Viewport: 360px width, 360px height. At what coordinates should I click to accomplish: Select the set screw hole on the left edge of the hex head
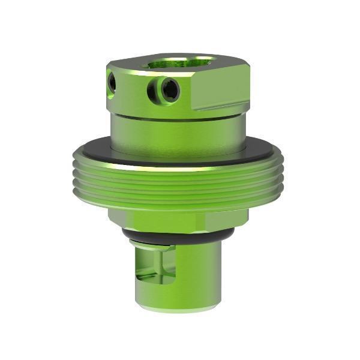tap(112, 82)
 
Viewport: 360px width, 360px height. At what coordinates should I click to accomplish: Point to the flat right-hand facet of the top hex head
tap(222, 90)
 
